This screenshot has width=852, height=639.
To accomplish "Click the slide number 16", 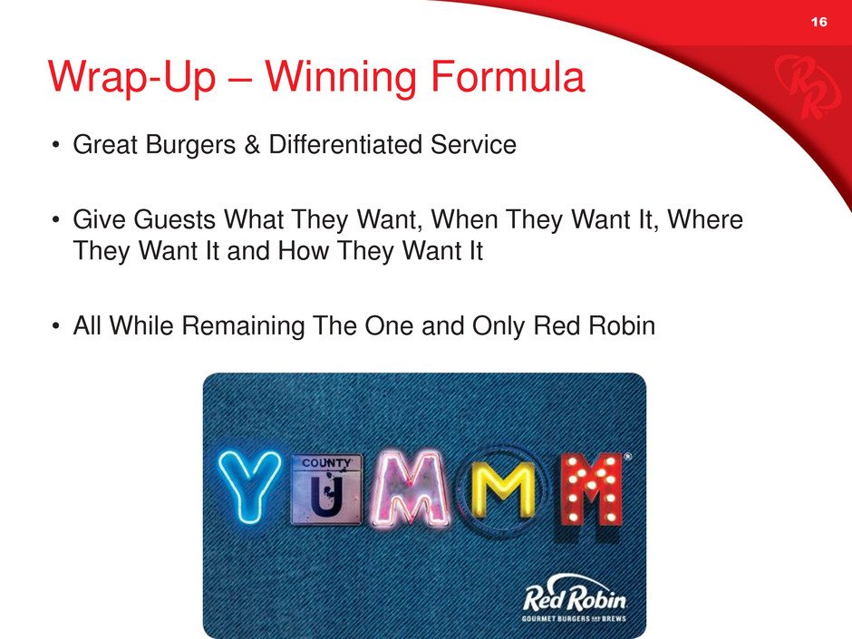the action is tap(818, 22).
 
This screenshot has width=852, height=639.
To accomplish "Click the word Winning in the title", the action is tap(341, 78).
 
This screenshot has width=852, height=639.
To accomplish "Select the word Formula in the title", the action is tap(508, 77).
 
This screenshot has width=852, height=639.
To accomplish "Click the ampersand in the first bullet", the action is tap(252, 145).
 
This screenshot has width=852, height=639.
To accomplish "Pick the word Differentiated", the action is tap(345, 144).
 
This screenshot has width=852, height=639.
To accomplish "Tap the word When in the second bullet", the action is tap(465, 219).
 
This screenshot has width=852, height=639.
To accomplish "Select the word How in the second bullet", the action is tap(304, 251).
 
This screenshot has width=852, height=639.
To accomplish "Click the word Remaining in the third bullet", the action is tap(243, 326).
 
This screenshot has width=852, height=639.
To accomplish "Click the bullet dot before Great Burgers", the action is tap(55, 146).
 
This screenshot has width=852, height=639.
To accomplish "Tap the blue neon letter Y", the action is tap(249, 488).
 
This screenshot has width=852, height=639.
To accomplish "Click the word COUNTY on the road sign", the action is tap(326, 463).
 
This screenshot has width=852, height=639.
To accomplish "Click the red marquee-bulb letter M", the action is tap(589, 489).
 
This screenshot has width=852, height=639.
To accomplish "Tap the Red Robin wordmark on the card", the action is tap(575, 596).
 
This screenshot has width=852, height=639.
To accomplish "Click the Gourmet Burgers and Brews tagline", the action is tap(574, 619).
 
